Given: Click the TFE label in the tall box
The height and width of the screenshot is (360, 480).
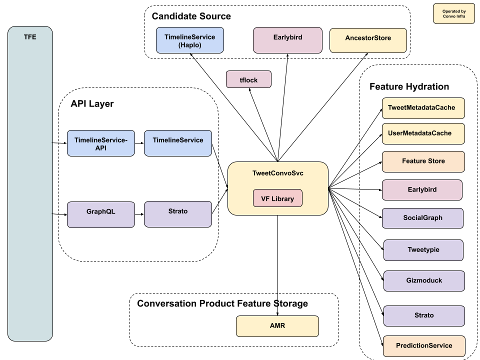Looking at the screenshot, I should (x=30, y=37).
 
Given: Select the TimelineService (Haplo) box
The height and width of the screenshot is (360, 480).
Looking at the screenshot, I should (x=189, y=40).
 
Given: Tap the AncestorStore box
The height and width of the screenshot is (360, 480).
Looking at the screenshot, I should (x=368, y=40).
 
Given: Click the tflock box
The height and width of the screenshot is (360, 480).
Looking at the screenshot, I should (x=248, y=79).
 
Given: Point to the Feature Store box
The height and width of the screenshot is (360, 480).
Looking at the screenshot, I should (x=423, y=161).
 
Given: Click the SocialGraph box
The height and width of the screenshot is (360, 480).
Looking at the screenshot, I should (x=422, y=218).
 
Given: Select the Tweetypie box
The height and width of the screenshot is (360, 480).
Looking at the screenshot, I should (x=423, y=250).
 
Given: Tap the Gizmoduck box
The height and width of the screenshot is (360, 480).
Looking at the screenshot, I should (x=424, y=281).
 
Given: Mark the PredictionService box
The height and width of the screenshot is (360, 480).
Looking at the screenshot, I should (x=424, y=346).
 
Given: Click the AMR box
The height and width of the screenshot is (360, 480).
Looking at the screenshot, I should (x=277, y=326).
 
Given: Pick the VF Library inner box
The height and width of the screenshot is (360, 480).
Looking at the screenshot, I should (x=277, y=198).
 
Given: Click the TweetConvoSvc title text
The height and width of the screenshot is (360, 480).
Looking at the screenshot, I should (x=277, y=173).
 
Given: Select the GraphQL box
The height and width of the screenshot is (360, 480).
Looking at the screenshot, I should (x=100, y=214).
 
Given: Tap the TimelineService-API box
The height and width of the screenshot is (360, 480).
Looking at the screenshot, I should (x=100, y=143).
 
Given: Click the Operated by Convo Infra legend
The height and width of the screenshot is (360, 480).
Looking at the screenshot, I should (x=453, y=13).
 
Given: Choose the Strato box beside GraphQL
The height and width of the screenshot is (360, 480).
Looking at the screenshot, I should (x=177, y=214).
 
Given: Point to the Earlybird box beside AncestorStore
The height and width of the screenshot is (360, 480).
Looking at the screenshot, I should (x=287, y=40).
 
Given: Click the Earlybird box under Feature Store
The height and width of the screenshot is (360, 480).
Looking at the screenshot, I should (x=422, y=190).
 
